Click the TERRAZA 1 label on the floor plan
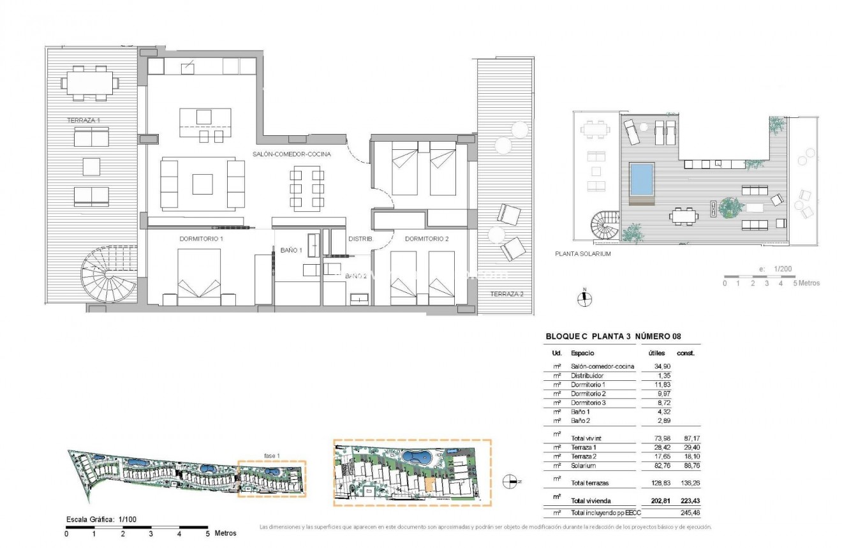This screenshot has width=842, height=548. [84, 120]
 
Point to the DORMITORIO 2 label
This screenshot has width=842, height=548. [427, 239]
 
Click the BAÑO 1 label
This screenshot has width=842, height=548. [291, 251]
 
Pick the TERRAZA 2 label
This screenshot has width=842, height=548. [506, 294]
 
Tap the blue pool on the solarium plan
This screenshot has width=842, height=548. [642, 179]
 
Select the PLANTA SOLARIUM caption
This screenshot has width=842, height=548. [584, 254]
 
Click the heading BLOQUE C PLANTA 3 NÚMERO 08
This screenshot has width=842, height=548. [612, 337]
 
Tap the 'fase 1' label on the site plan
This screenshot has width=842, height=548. [272, 455]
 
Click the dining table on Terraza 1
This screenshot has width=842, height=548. [90, 84]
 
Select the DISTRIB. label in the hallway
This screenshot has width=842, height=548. [360, 239]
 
